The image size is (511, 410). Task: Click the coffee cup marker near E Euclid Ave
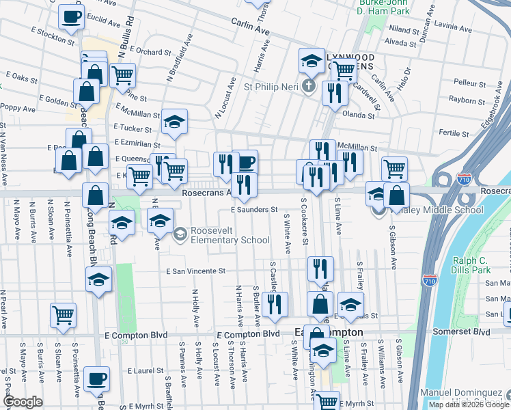tap(70, 17)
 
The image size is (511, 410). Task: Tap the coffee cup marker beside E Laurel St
tap(98, 379)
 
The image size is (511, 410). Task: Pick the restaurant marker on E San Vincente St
tap(320, 269)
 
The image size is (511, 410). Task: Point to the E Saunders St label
tap(253, 210)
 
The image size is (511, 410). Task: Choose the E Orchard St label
tap(148, 52)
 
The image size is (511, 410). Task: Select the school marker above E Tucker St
tap(174, 122)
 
